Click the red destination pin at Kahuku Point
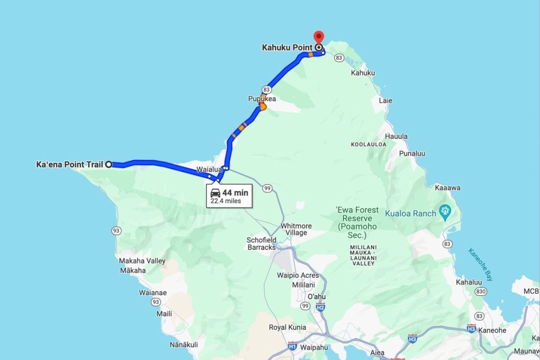tap(319, 37)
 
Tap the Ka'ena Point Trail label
tap(69, 164)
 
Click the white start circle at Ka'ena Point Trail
tap(109, 164)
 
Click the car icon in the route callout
tap(215, 192)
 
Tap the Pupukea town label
tap(262, 99)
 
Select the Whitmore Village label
tap(296, 229)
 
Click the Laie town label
tap(385, 100)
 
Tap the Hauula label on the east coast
tap(396, 137)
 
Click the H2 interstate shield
tap(321, 307)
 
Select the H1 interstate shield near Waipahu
tap(293, 346)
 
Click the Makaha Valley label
tap(142, 261)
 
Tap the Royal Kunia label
tap(287, 327)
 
